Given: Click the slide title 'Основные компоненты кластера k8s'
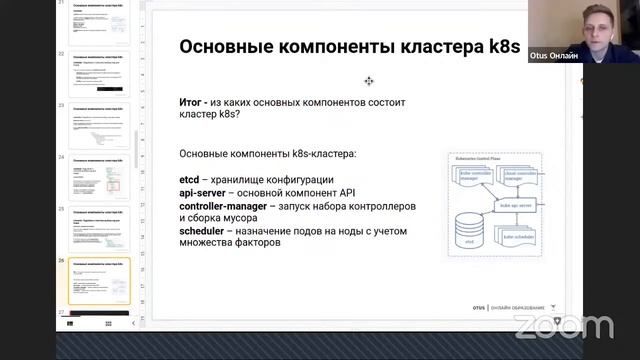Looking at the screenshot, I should (x=311, y=49).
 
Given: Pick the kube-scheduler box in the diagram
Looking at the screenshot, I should (x=519, y=237).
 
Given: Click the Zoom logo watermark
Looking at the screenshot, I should (x=563, y=326).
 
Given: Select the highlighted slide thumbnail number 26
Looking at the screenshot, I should (x=98, y=283).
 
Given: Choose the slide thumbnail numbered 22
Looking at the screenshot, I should (x=98, y=74).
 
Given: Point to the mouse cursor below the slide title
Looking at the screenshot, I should (x=369, y=81).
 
